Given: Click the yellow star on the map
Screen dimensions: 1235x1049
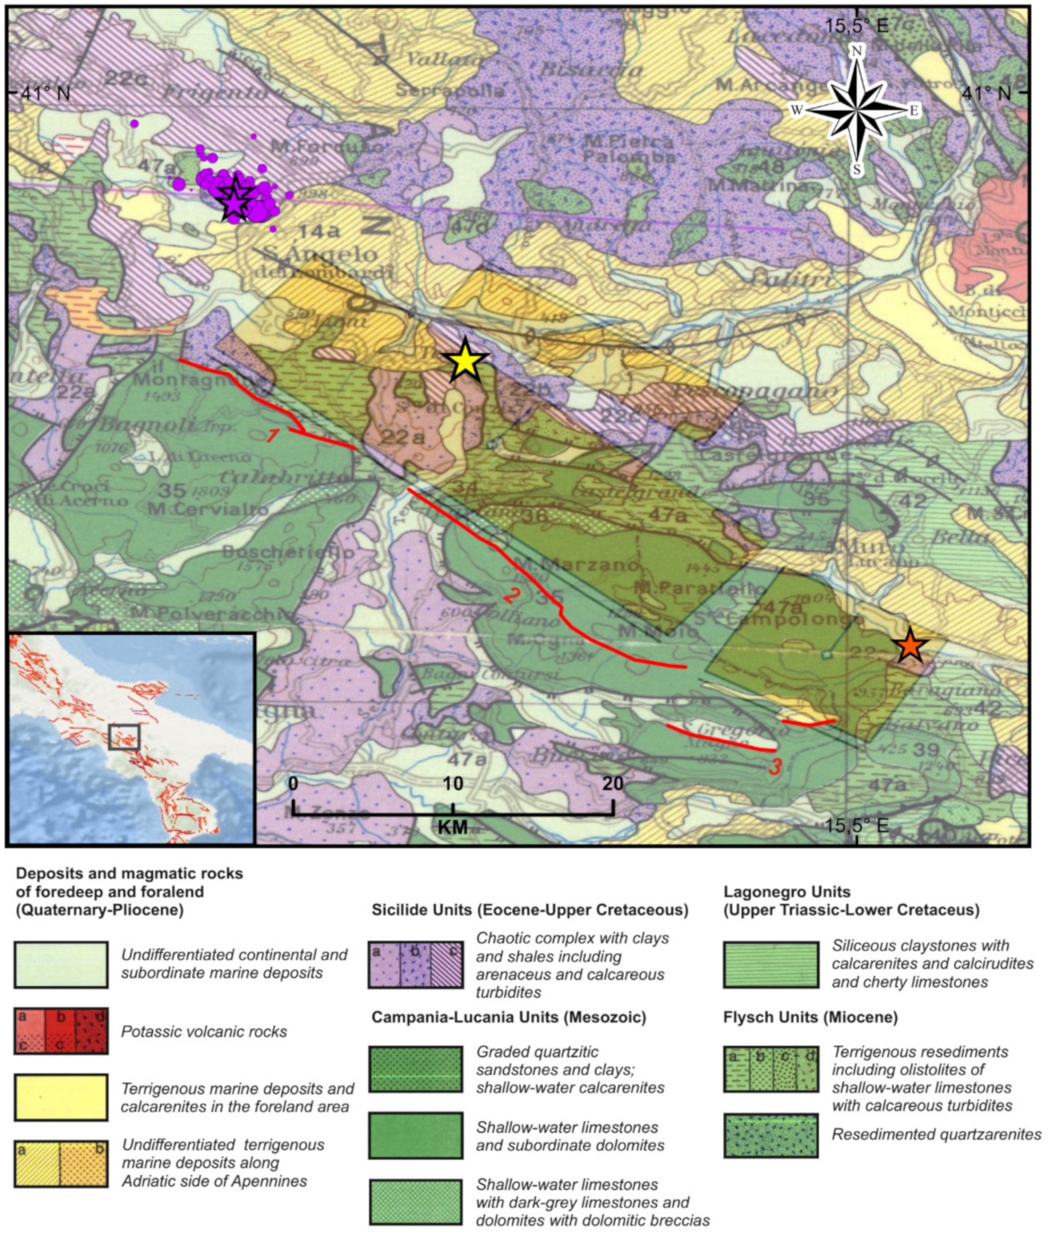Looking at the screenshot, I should pos(466,359).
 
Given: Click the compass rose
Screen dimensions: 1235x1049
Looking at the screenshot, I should pos(857,111).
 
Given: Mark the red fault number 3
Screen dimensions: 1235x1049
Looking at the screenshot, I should pos(774,767).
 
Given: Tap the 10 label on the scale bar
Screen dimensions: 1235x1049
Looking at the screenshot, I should pos(453,783).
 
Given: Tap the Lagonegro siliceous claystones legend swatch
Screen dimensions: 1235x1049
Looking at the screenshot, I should pos(771,964).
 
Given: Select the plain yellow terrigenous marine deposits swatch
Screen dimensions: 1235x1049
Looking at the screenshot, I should pos(61,1097).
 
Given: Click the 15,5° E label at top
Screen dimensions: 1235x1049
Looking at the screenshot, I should pos(856,25).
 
